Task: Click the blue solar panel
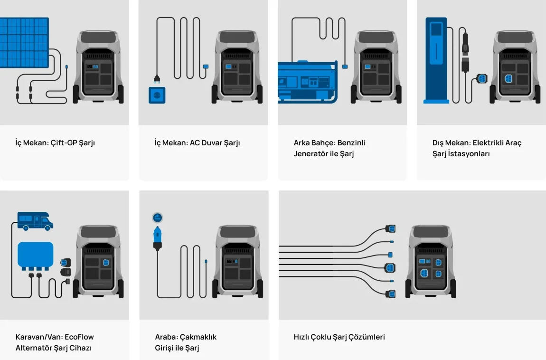pos(24,43)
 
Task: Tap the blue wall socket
pos(157,95)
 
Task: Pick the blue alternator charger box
pos(36,255)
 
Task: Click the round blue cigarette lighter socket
pos(158,218)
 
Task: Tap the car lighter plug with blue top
pos(158,237)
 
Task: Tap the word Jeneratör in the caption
pos(311,154)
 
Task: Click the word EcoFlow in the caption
pos(79,337)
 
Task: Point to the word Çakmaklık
pos(198,337)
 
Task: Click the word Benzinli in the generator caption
pos(351,142)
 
